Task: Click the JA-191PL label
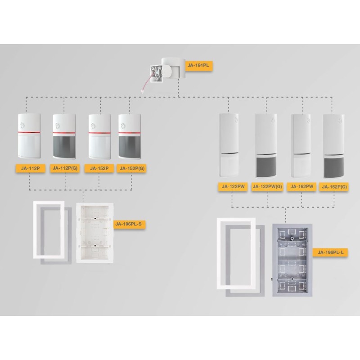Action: [x=198, y=65]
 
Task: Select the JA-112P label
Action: [x=30, y=168]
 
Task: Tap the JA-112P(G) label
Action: [x=65, y=168]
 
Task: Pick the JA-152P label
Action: [x=99, y=168]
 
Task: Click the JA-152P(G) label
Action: [x=132, y=168]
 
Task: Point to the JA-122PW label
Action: [x=233, y=186]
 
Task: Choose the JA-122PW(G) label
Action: [x=267, y=186]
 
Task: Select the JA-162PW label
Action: [x=301, y=186]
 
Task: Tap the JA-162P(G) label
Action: [x=334, y=187]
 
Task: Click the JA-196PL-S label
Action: [x=130, y=224]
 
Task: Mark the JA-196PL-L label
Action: [x=330, y=252]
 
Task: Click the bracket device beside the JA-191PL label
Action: [x=167, y=70]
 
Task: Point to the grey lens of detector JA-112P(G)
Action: [x=64, y=147]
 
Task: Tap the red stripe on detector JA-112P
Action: [x=29, y=132]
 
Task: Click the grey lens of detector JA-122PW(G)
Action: [x=266, y=166]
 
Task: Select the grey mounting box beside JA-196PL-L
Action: [x=292, y=260]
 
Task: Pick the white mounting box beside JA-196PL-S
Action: [x=95, y=233]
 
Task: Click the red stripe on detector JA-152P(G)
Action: [x=130, y=133]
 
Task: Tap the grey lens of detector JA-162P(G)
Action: [x=334, y=167]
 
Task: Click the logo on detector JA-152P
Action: [x=93, y=126]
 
